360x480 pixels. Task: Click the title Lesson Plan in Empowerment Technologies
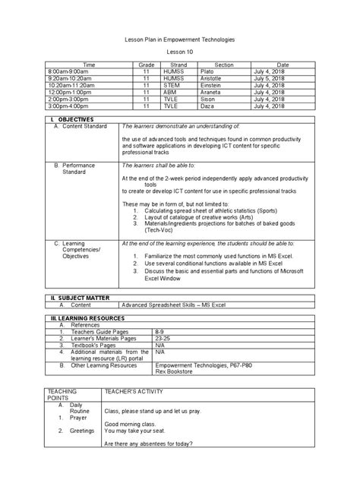tap(180, 38)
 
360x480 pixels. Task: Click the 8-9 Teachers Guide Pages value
tap(159, 332)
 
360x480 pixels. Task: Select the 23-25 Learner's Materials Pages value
tap(162, 339)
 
